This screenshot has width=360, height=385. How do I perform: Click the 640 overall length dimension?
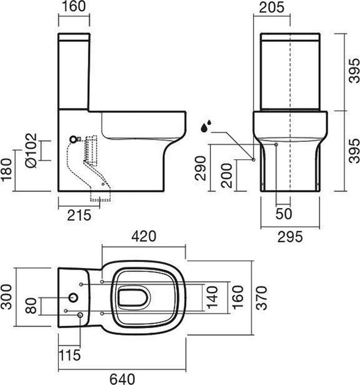122,378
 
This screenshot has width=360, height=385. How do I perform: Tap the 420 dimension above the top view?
144,236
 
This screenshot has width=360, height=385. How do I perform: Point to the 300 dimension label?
6,297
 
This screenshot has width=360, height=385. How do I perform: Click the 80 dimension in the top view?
31,306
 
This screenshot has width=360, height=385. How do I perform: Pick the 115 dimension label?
69,355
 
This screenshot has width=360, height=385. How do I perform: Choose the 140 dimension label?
212,297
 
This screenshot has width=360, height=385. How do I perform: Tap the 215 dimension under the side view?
79,215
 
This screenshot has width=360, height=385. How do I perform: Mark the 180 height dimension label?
6,170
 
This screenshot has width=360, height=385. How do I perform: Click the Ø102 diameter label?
31,151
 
